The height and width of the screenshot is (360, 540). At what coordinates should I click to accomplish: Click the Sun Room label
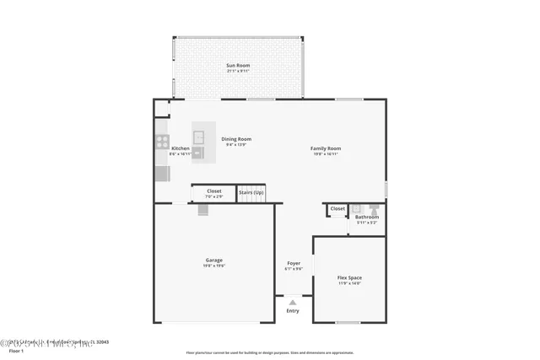coord(238,66)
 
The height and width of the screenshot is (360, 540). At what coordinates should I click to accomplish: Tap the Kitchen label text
coord(180,148)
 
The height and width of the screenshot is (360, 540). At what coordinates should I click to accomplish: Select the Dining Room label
coord(236,139)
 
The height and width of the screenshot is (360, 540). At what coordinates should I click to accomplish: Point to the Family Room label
coord(326,148)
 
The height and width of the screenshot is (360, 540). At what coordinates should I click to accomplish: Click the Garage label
coord(214,260)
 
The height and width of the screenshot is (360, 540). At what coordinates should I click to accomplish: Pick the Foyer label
coord(294,263)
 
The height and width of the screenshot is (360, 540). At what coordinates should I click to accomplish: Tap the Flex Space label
coord(349,277)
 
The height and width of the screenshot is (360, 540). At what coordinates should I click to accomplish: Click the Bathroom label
coord(366,217)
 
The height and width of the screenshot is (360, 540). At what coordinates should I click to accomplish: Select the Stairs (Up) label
coord(251,192)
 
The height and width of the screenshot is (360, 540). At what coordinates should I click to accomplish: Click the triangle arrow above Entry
coord(293,301)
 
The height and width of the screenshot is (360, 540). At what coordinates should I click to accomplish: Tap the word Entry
coord(293,311)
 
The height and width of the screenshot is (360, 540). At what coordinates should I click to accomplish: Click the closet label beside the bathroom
coord(337,208)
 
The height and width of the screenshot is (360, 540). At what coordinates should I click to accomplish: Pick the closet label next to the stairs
coord(214,191)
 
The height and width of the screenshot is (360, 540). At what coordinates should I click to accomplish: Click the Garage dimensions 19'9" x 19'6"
coord(214,266)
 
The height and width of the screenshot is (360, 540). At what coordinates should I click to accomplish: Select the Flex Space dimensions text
coord(349,283)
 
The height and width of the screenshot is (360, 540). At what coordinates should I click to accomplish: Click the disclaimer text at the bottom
coord(269,352)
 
